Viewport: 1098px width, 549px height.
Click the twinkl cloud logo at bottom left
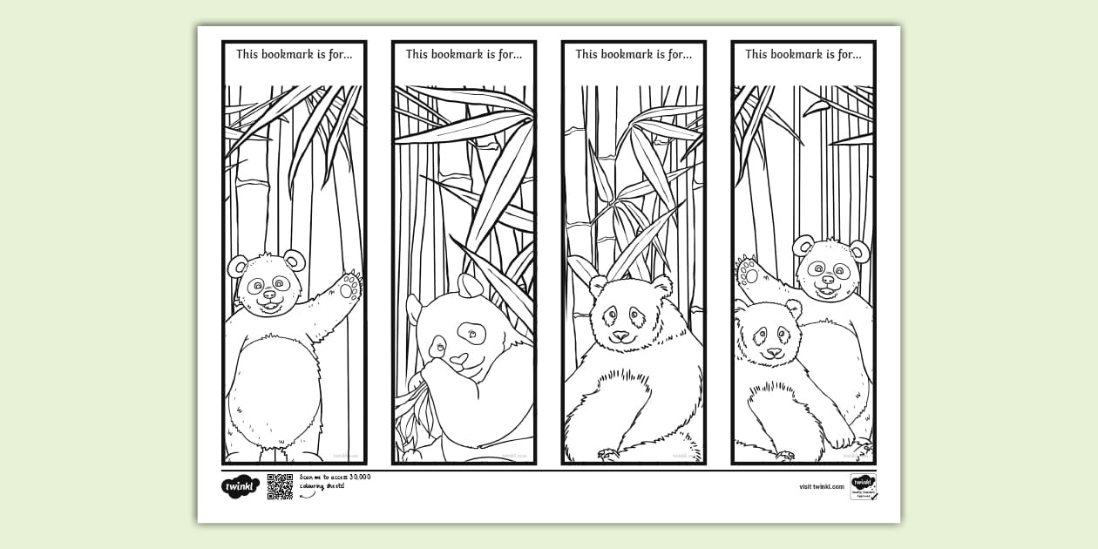(x=240, y=486)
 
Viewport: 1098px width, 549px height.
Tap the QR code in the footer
(x=280, y=486)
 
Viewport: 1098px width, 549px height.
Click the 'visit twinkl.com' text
(x=821, y=486)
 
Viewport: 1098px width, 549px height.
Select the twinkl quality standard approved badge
(x=863, y=486)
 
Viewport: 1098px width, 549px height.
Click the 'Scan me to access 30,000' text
(x=335, y=477)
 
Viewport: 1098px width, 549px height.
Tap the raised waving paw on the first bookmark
(x=349, y=286)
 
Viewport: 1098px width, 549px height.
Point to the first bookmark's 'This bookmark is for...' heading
(x=295, y=54)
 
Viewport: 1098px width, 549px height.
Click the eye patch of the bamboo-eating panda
(x=473, y=332)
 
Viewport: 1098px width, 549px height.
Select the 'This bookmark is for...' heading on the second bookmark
(x=464, y=54)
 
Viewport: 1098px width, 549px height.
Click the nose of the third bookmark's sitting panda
(x=620, y=335)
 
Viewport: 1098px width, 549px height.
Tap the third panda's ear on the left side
(x=598, y=286)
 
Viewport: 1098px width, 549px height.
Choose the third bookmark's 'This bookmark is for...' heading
(x=634, y=54)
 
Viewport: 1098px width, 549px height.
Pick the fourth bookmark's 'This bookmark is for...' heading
(x=803, y=54)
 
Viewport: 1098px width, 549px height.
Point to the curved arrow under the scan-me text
(x=308, y=494)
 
